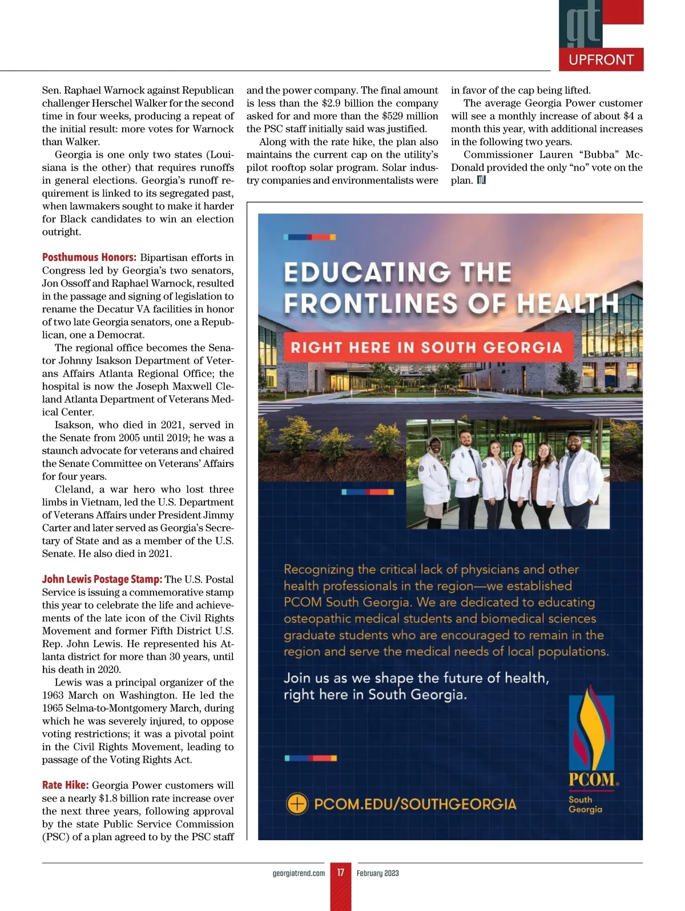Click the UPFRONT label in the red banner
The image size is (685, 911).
pos(601,60)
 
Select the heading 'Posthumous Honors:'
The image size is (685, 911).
pos(89,257)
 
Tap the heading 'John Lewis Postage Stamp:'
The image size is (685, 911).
pos(102,579)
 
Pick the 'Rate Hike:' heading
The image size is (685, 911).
pos(65,785)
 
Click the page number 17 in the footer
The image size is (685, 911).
pos(341,873)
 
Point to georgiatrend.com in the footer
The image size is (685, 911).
pos(299,873)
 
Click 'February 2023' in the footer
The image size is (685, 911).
pos(378,873)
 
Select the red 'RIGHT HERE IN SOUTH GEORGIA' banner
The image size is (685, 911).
pos(426,348)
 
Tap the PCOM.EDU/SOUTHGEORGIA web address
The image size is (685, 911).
pos(415,804)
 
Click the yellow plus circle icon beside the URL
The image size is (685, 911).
pos(297,804)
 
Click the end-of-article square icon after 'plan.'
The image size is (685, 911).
pos(481,180)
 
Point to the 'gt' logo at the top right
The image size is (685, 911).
pos(583,24)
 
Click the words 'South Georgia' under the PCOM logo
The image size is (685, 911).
pos(585,804)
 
